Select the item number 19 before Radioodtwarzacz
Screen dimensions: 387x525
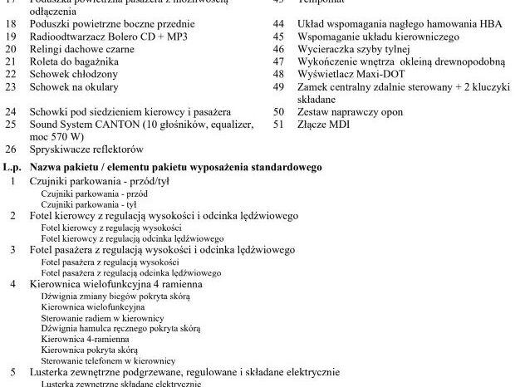tap(11, 37)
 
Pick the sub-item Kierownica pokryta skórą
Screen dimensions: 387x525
tap(90, 350)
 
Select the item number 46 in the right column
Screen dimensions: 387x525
tap(279, 49)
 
